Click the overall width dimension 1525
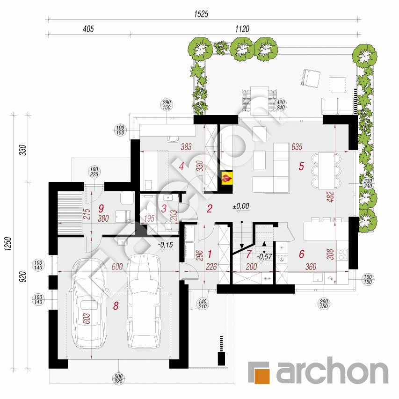[x=201, y=14]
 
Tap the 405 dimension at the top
[x=88, y=29]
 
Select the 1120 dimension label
[x=242, y=29]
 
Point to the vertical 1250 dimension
[x=8, y=244]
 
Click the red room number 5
[x=301, y=167]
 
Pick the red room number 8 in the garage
[x=116, y=305]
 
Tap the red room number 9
[x=101, y=209]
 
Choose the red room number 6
[x=302, y=254]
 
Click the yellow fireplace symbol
[x=227, y=178]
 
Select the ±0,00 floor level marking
[x=241, y=206]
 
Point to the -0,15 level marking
[x=166, y=245]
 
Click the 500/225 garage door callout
[x=119, y=378]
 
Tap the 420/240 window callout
[x=281, y=105]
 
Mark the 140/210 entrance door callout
[x=203, y=304]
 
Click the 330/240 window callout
[x=368, y=183]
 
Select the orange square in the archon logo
[x=262, y=376]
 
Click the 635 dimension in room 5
[x=297, y=147]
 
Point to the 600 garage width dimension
[x=117, y=267]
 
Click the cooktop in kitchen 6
[x=342, y=254]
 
